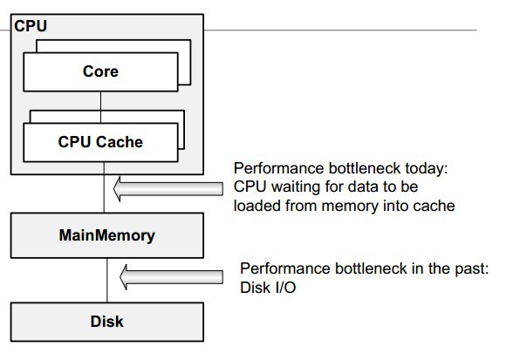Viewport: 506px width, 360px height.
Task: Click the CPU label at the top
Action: coord(31,26)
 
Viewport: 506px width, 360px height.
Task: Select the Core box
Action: coord(100,71)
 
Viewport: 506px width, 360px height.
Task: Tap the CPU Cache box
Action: coord(100,142)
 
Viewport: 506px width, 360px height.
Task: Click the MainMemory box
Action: coord(107,235)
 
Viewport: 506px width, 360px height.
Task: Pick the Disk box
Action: coord(107,322)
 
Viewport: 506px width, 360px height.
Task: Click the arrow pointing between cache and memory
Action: coord(168,189)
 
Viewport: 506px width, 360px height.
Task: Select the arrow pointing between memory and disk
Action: coord(171,277)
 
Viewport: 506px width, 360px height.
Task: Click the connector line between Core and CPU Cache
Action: coord(100,107)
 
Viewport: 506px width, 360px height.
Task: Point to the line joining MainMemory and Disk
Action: coord(106,281)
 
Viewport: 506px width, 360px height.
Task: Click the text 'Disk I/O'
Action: coord(268,288)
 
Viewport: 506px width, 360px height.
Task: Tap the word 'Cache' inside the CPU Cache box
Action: coord(120,142)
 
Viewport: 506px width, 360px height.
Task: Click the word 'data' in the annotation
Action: coord(364,187)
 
